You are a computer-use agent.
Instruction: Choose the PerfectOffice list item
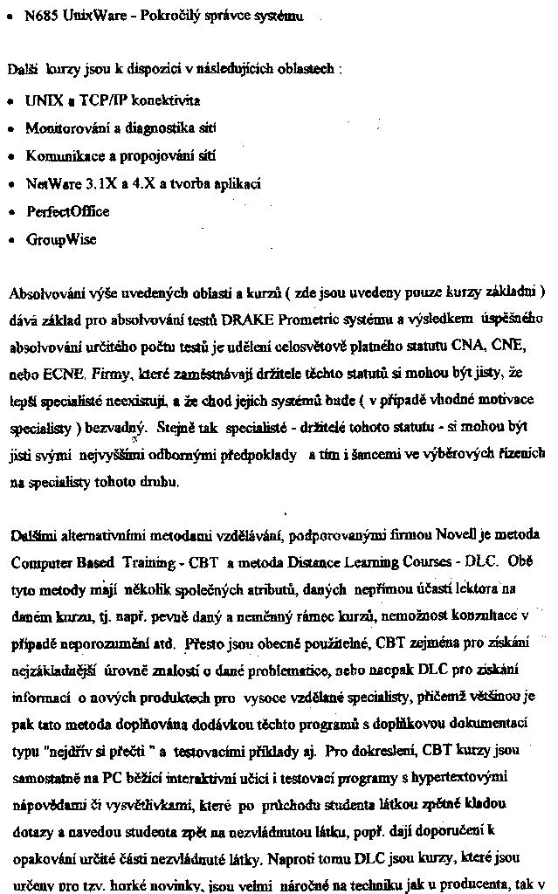pos(68,211)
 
